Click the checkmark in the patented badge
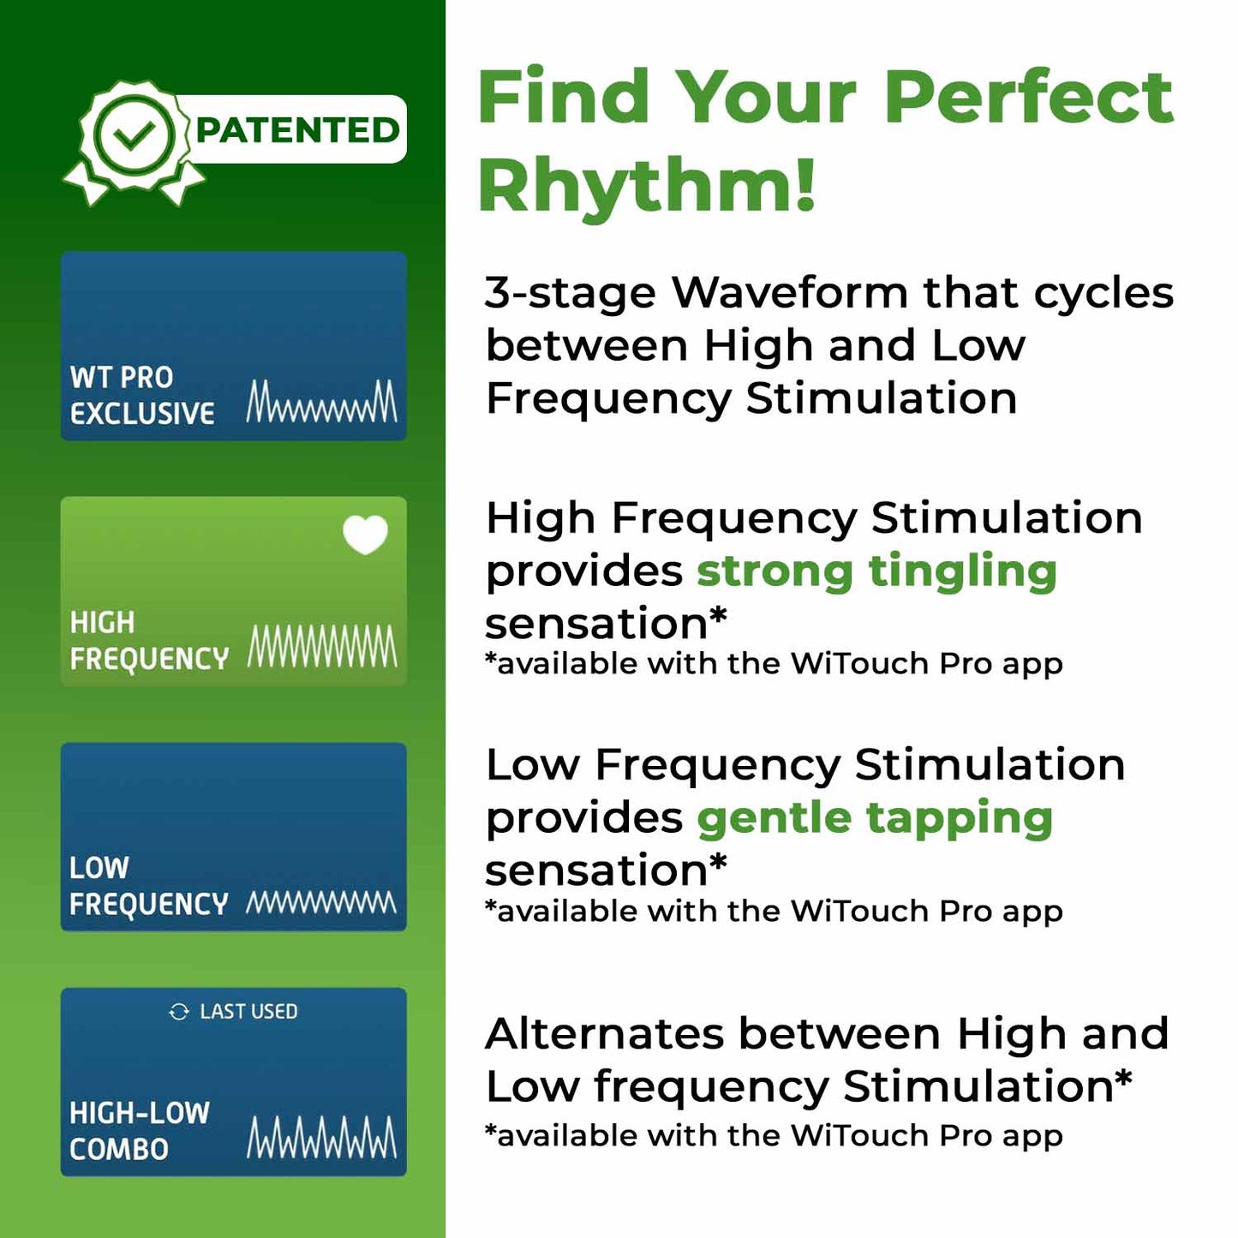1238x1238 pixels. pos(135,135)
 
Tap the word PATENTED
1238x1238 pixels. pos(297,130)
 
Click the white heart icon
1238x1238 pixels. pos(365,535)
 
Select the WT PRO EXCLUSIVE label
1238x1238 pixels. pos(141,395)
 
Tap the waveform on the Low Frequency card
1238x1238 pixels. pos(322,902)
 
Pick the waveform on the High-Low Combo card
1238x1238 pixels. pos(322,1138)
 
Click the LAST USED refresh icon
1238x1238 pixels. pos(179,1012)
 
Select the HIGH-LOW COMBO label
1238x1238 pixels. pos(139,1131)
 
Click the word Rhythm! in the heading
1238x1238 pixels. pos(646,185)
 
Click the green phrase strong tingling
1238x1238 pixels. pos(876,571)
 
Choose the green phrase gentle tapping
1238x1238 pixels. pos(875,818)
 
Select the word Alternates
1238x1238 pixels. pos(605,1033)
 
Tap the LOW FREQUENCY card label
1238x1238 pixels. pos(148,886)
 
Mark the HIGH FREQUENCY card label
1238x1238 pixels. pos(148,640)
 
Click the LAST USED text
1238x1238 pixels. pos(248,1012)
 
